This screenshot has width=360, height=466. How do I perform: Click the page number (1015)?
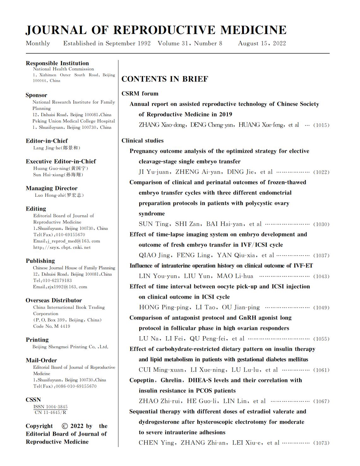321,125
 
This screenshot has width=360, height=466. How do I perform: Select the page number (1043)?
321,277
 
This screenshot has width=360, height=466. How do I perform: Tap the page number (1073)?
321,443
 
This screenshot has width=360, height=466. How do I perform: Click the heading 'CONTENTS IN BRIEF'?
165,79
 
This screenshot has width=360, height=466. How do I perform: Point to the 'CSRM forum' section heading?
140,94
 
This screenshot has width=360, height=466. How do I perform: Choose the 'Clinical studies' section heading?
142,141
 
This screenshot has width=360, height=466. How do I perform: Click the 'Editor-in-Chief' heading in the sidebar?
47,141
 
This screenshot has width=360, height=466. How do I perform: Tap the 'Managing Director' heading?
51,188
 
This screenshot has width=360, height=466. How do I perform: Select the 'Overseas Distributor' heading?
54,300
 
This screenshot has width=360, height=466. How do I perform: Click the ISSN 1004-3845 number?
51,407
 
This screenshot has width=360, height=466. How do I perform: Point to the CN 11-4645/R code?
51,412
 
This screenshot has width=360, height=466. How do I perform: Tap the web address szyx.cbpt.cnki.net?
62,248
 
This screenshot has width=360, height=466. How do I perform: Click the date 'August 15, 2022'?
262,44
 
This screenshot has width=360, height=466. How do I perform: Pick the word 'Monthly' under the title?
38,44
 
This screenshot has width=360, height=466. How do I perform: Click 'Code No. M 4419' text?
51,326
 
